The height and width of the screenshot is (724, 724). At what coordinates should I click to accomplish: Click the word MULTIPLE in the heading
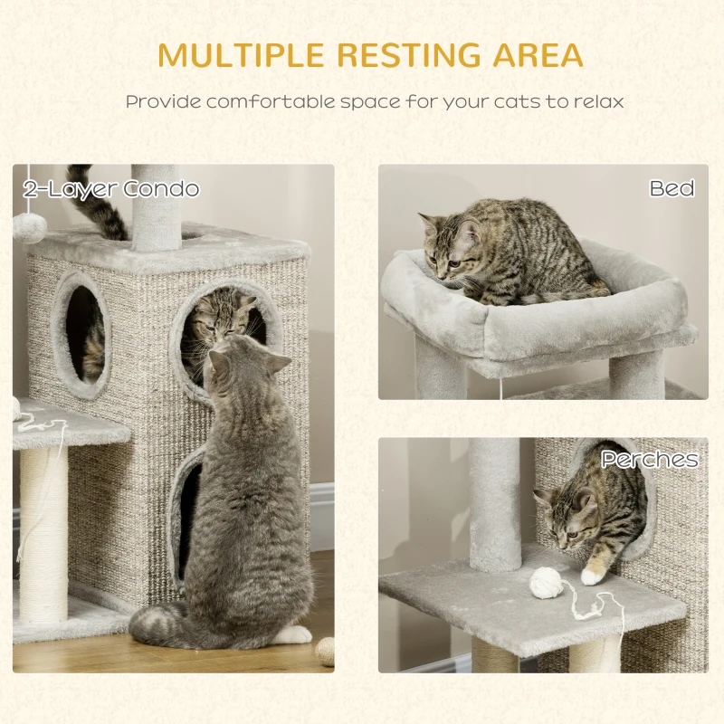point(241,55)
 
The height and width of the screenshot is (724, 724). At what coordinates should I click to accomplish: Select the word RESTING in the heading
point(409,55)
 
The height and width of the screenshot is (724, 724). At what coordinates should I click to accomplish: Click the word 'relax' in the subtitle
point(599,101)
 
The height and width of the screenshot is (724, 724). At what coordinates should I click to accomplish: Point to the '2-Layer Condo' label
point(111,189)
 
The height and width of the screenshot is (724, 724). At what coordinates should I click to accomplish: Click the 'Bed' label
point(672,188)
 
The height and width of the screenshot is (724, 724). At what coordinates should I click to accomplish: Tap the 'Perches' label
point(650,460)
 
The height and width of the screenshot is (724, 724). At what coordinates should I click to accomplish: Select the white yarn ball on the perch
point(547,584)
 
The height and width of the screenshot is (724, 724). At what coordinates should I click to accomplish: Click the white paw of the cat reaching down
point(593,576)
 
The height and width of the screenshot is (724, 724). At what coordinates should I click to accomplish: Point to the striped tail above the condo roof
point(96,203)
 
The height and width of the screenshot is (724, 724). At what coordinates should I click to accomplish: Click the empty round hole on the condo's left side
point(84,332)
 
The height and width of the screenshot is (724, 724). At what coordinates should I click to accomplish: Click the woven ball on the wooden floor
point(325,651)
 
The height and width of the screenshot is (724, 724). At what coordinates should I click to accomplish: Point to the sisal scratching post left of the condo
point(43,536)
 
